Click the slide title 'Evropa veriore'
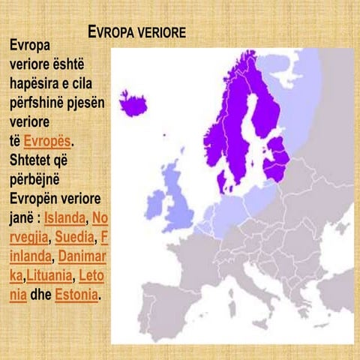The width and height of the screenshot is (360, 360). click(136, 34)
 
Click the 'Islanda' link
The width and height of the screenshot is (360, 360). click(64, 218)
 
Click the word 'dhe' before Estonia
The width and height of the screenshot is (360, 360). click(40, 295)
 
